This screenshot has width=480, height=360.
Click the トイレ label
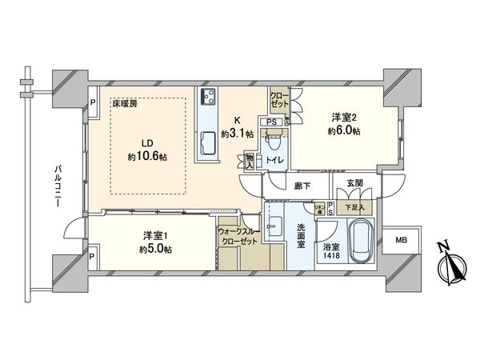click(x=272, y=159)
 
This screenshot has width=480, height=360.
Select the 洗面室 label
click(x=301, y=236)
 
